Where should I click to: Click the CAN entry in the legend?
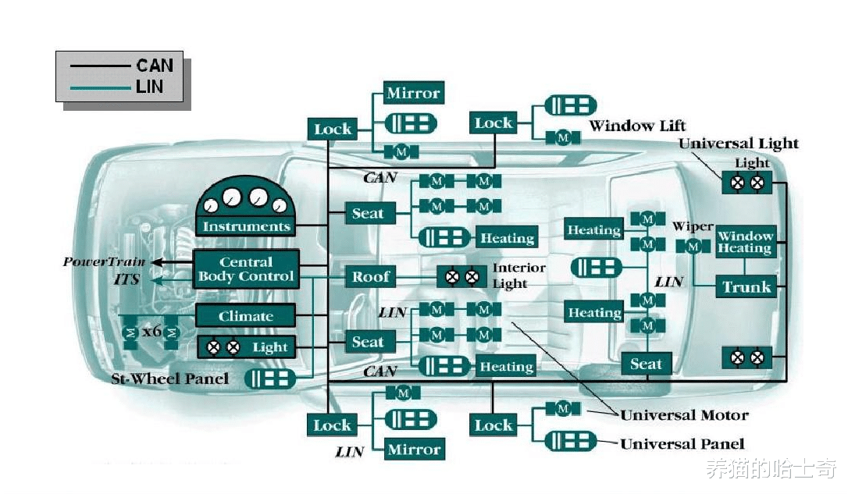point(154,65)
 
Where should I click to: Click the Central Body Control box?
point(246,268)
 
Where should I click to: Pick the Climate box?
point(245,316)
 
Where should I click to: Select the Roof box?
point(370,276)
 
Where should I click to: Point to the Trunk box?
point(746,286)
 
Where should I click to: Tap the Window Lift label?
point(637,126)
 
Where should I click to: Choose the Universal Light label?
point(738,144)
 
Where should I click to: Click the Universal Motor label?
point(684,415)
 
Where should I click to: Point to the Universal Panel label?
point(682,444)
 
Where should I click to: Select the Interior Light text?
point(518,275)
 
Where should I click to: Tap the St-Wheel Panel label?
point(170,378)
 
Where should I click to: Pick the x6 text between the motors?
point(151,332)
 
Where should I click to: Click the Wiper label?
point(693,227)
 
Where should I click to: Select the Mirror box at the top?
point(413,94)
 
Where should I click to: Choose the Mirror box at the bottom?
point(414,450)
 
